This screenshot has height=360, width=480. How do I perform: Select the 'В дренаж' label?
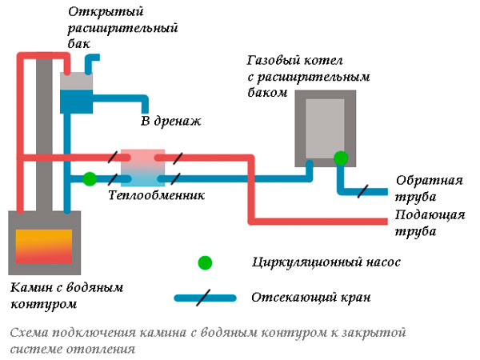170,122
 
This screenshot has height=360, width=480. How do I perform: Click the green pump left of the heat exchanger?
90,178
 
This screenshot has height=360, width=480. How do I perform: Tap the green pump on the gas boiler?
341,158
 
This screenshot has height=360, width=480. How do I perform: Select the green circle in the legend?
206,262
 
